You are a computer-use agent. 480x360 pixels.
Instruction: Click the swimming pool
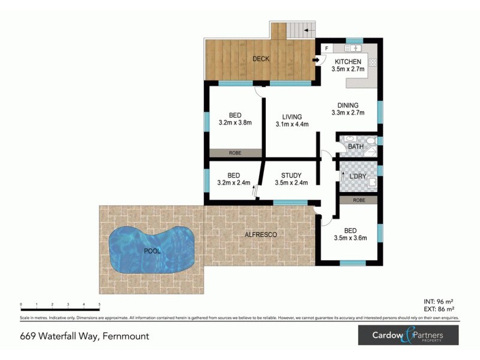click(x=152, y=250)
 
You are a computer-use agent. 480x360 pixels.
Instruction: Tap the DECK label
click(x=260, y=59)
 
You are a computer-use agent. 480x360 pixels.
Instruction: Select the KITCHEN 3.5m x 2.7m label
click(x=348, y=65)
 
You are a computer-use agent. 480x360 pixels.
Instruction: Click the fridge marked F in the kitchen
click(x=326, y=48)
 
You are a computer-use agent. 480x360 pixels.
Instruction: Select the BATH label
click(x=356, y=146)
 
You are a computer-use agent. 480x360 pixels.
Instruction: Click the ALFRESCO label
click(x=261, y=235)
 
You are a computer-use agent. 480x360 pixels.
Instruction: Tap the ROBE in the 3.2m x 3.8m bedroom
click(x=235, y=153)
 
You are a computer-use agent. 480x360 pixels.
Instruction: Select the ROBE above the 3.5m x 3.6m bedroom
click(x=358, y=200)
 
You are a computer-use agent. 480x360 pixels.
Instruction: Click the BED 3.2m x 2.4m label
click(x=235, y=179)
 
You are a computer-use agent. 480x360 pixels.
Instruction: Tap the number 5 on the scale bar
click(x=99, y=305)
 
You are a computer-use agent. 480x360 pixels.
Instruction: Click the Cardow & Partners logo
click(x=408, y=335)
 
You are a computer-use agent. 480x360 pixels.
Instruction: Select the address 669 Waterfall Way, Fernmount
click(x=85, y=336)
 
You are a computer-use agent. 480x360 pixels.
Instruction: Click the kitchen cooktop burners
click(x=372, y=61)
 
